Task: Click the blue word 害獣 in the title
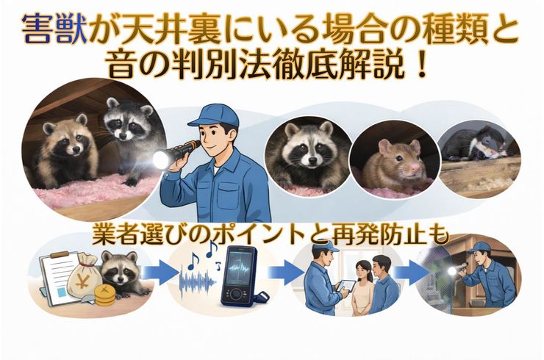click(54, 29)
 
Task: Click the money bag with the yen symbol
click(84, 278)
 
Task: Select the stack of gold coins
click(104, 295)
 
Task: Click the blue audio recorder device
click(240, 277)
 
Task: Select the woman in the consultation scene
click(362, 289)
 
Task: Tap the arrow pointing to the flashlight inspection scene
click(411, 273)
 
